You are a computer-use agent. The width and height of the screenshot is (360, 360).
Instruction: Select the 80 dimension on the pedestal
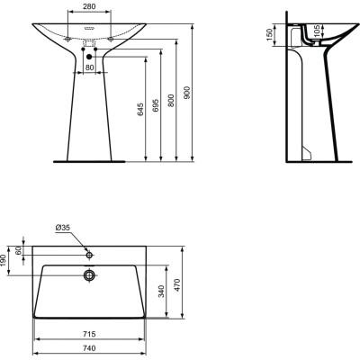90,67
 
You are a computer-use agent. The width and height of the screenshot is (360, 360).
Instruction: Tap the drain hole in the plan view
89,274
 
